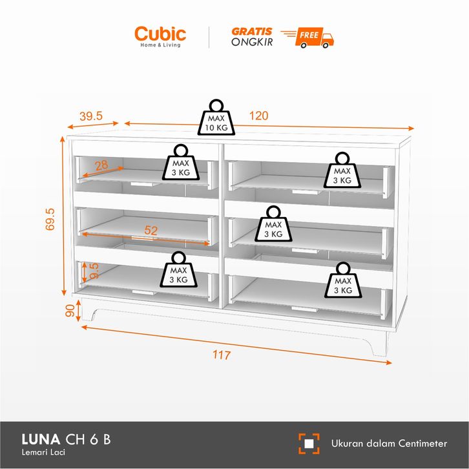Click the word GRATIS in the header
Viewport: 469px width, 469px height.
coord(251,30)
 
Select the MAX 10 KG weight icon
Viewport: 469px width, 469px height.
coord(217,118)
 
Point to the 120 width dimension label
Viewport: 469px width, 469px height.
coord(258,116)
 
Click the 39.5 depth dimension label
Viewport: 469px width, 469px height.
coord(91,116)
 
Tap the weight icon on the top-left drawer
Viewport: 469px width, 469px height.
coord(179,163)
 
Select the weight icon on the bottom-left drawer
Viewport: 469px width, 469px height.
coord(178,271)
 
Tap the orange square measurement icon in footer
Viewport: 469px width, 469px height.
coord(309,443)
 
